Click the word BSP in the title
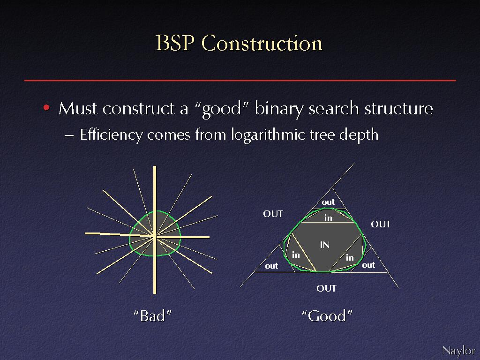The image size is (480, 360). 175,43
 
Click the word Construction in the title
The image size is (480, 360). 262,43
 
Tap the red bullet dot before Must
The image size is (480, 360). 46,108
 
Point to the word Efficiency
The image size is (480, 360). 111,135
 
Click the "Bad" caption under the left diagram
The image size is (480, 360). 152,316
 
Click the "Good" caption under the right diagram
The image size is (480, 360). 327,316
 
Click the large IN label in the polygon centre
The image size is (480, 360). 324,245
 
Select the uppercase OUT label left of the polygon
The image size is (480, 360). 273,214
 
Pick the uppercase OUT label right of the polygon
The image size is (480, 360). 381,225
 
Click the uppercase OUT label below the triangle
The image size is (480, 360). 326,288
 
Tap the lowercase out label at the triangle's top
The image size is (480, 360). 328,202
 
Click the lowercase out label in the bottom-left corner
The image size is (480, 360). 271,266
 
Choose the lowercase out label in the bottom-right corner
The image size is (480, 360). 368,265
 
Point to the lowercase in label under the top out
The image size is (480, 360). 328,218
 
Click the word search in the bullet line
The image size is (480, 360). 334,108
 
